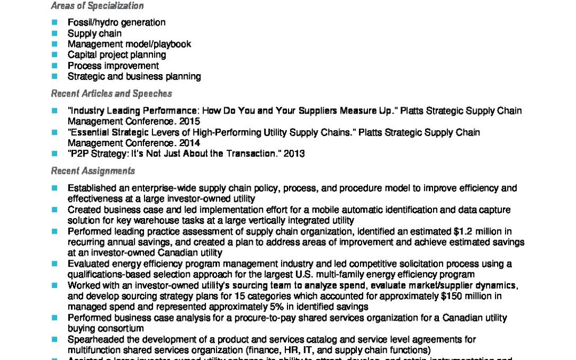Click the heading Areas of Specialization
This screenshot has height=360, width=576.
[x=97, y=6]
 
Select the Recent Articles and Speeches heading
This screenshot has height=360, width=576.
[x=111, y=93]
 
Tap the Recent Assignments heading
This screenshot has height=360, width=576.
[x=93, y=171]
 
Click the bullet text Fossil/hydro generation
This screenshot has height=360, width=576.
[x=116, y=22]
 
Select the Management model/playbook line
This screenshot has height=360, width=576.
[x=129, y=44]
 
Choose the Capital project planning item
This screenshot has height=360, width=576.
[x=116, y=54]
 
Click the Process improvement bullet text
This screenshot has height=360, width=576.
[x=113, y=66]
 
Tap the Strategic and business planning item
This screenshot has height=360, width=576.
[x=134, y=76]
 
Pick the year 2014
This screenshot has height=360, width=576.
[x=189, y=143]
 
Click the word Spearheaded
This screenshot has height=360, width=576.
[x=93, y=339]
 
